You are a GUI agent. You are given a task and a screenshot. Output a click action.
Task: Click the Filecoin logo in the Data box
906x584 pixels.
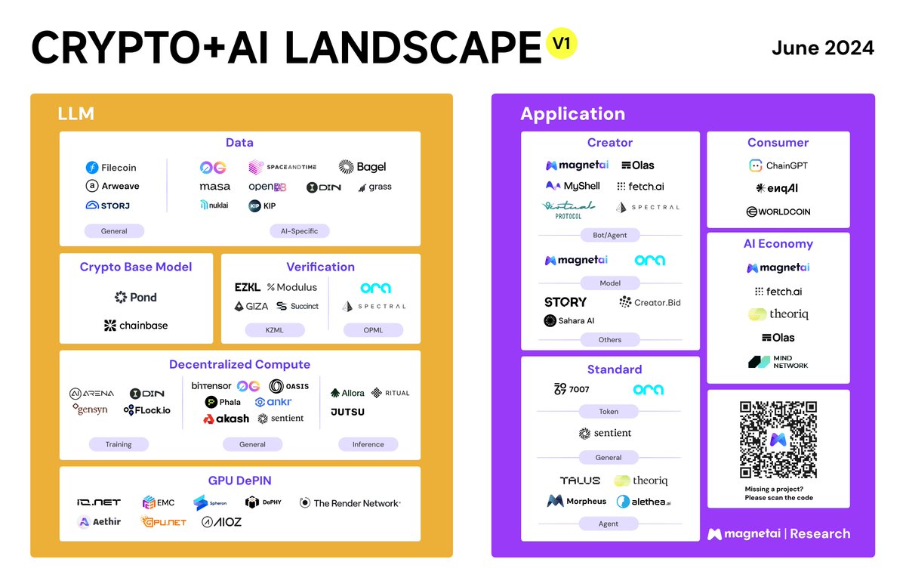[111, 168]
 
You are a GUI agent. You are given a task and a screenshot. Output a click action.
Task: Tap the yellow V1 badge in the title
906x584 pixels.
[561, 44]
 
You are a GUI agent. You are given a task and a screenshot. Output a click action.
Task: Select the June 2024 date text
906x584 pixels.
[822, 48]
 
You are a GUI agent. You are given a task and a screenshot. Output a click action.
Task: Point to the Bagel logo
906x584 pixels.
[362, 167]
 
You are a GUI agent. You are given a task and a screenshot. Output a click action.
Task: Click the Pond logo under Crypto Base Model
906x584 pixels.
[136, 297]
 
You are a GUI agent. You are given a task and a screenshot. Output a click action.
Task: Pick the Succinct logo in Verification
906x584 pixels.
[297, 306]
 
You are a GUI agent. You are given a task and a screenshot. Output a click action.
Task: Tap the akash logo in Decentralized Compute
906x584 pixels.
[226, 419]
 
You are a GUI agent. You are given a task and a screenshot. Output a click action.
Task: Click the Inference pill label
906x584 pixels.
[368, 444]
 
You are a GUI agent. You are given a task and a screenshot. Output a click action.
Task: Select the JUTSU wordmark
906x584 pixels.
[348, 412]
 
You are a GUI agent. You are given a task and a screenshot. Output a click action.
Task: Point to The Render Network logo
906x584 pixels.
[350, 502]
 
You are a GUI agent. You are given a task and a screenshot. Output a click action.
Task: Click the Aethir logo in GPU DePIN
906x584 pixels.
[99, 521]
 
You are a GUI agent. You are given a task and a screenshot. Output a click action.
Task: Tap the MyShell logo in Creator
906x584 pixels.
[572, 186]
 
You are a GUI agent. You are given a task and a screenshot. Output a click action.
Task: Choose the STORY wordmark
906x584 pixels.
[565, 302]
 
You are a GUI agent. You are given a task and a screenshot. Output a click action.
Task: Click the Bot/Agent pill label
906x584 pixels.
[609, 235]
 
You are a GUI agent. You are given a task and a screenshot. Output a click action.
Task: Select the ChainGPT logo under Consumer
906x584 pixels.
[778, 165]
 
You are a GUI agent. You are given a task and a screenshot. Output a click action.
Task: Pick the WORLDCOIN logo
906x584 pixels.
[778, 212]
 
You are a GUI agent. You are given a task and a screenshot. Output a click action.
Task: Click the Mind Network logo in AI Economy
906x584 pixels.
[778, 362]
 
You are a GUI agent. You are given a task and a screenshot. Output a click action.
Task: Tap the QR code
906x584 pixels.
[778, 439]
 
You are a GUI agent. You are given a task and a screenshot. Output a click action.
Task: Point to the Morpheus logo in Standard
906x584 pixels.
[577, 501]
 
